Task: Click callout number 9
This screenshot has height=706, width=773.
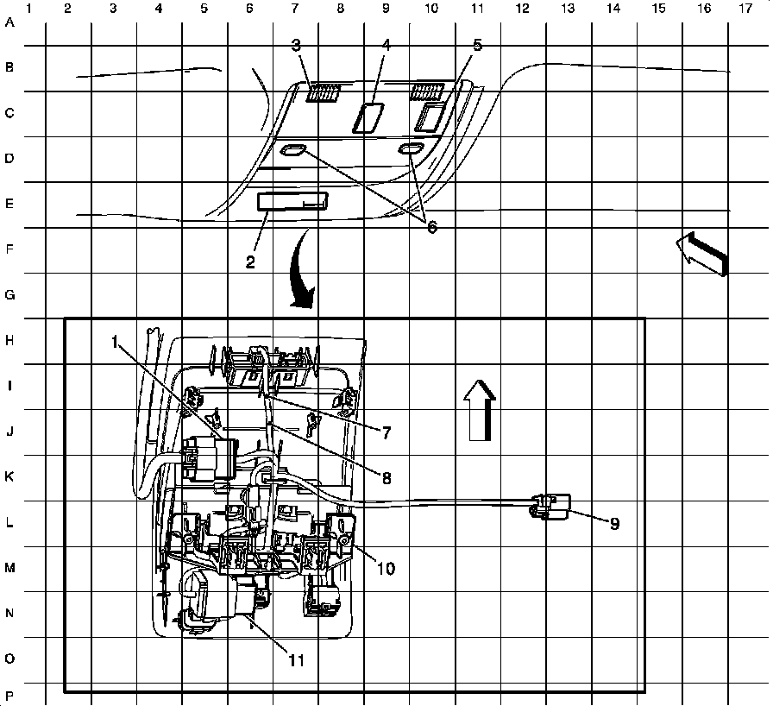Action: [x=614, y=523]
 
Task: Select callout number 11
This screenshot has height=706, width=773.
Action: [x=296, y=660]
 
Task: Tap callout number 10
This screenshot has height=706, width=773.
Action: [x=385, y=568]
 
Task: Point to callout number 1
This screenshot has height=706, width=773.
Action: [x=115, y=342]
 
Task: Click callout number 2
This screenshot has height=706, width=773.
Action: [x=250, y=262]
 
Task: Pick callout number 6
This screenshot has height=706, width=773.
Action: [x=431, y=227]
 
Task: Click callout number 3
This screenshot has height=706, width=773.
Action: [x=296, y=44]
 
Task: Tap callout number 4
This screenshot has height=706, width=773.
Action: [x=386, y=44]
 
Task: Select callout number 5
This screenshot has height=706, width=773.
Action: [x=477, y=44]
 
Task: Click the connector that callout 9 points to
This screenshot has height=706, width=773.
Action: [x=550, y=507]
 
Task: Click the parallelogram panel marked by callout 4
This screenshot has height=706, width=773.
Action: [x=369, y=117]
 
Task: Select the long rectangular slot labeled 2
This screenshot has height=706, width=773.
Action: [x=292, y=201]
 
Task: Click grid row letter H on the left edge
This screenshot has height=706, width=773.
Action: [x=10, y=341]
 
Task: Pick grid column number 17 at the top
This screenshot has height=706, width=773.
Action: [x=743, y=9]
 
